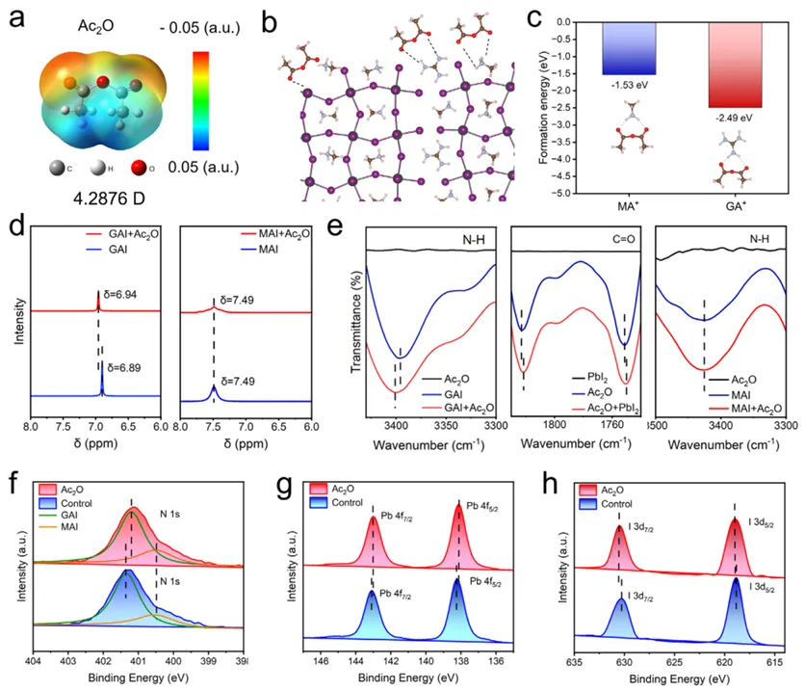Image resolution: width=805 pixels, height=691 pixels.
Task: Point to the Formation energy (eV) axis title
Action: (x=552, y=105)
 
